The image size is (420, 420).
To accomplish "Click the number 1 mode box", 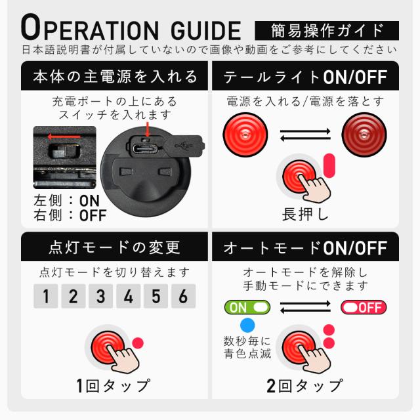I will coord(45,296).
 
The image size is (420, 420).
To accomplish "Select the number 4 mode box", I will coord(128,296).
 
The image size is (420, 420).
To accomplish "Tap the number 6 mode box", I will coord(183,296).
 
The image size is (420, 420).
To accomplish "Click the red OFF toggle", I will coord(363,306).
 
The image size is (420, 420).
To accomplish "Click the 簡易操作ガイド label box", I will coord(327,30).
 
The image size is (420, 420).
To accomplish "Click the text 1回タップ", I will coord(113,385).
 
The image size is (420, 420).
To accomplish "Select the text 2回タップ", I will coord(304,385).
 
